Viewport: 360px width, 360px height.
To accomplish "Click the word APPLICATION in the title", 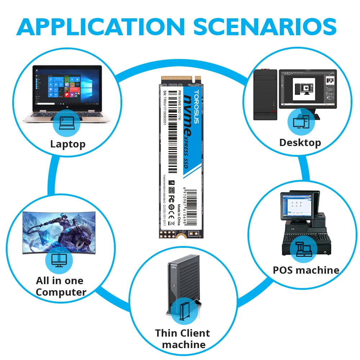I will tap(98, 26).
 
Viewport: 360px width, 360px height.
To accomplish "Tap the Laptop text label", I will tap(68, 144).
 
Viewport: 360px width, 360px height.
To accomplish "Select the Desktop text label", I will tap(300, 142).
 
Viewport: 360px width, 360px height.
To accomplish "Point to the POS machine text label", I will tap(306, 270).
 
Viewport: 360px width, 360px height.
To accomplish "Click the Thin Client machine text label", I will tap(183, 338).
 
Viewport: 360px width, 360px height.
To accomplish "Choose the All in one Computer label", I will tap(61, 286).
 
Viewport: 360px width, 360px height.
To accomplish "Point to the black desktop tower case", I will tap(265, 94).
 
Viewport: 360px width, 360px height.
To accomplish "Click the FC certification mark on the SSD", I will tap(172, 198).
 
